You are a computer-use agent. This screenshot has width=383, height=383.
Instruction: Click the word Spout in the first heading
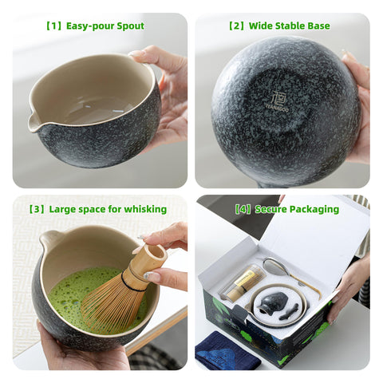128,26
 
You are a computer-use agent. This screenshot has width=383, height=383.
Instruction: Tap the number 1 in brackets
54,26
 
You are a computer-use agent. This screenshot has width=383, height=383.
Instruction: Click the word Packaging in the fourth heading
314,209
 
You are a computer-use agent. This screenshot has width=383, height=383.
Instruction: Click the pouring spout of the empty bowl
34,121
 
